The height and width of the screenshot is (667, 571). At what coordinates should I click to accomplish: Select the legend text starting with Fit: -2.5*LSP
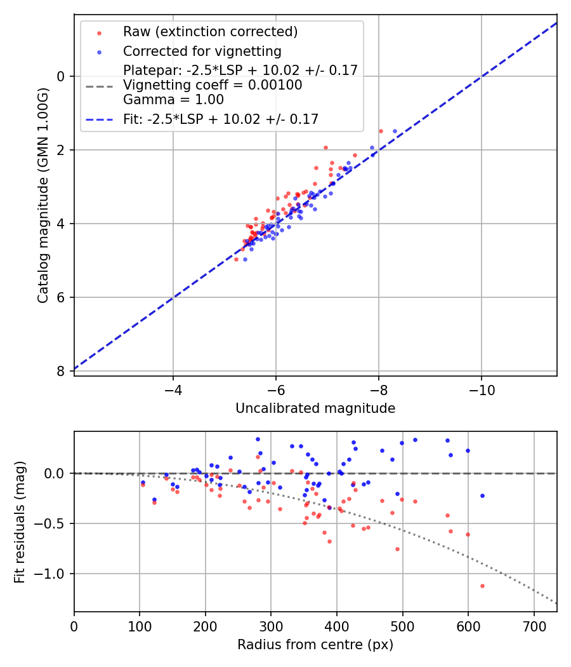pos(221,119)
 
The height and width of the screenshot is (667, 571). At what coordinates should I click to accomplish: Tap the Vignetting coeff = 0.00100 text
pos(213,85)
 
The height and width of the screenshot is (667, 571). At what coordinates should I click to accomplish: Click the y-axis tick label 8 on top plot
pos(61,371)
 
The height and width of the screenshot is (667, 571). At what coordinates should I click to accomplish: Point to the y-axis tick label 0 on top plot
pos(61,76)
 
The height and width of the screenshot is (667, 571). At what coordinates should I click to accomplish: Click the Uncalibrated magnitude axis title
pos(315,408)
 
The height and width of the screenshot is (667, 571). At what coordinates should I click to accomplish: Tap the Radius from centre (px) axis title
pos(315,645)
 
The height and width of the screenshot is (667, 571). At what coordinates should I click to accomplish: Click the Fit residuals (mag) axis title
pos(20,522)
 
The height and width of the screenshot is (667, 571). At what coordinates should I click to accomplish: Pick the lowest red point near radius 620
pos(482,586)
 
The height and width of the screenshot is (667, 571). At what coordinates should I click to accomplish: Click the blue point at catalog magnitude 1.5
pos(395,131)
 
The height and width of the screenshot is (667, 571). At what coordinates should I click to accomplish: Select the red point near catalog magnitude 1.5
pos(381,131)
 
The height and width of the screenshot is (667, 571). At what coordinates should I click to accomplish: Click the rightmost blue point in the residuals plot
pos(482,495)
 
